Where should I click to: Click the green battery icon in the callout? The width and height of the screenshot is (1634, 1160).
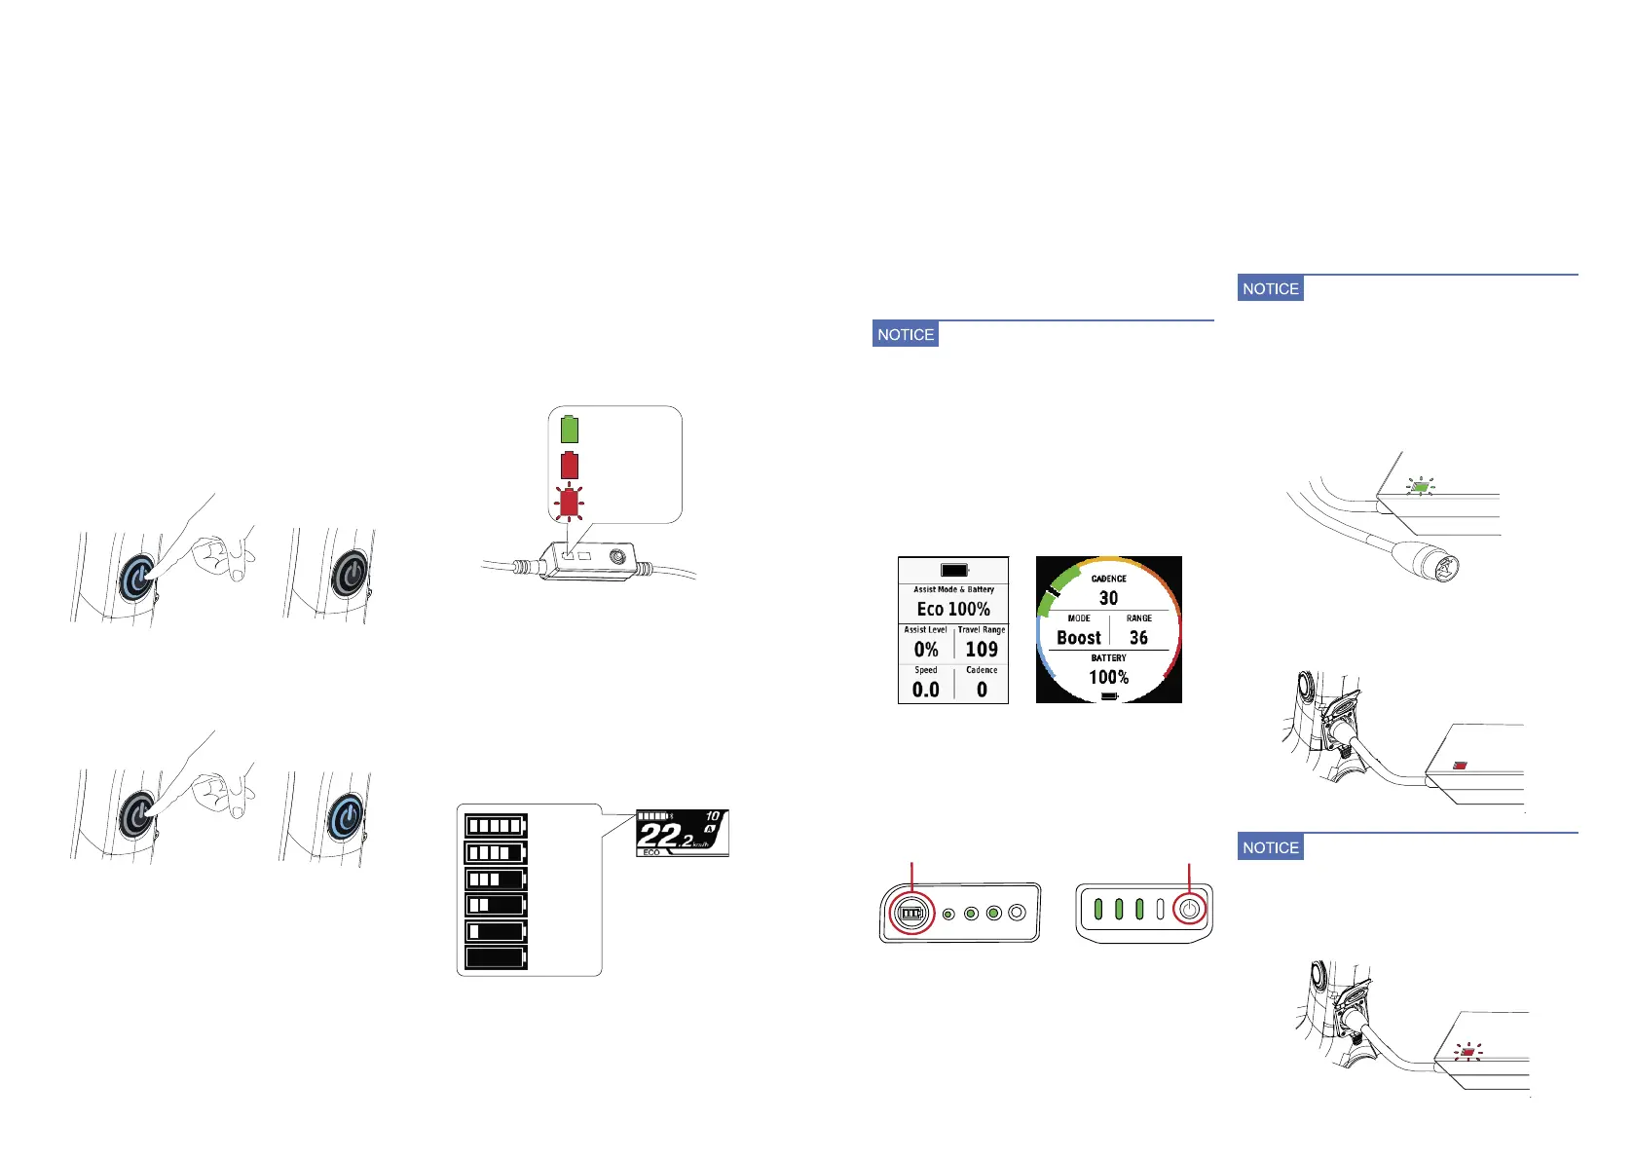570,429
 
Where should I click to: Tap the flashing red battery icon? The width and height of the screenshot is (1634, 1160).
569,503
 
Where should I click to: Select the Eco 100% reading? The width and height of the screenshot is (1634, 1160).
953,609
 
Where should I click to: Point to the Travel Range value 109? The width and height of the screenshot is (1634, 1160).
982,650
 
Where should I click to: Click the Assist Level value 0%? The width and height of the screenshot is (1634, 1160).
926,650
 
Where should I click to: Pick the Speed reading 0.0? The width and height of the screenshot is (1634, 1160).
926,690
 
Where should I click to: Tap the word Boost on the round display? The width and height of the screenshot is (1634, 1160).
1079,638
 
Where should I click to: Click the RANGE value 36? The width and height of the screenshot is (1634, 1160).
1138,638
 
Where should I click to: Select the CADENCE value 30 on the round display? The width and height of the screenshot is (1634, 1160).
1108,598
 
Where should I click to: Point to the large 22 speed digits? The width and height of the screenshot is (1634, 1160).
659,836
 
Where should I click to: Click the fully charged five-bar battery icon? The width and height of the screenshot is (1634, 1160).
496,827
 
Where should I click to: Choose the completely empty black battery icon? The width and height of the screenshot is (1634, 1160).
496,957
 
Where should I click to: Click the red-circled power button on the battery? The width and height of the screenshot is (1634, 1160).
1188,911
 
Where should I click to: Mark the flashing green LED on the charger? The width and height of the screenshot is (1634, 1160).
1421,486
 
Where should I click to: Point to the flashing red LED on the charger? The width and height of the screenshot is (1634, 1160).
1467,1052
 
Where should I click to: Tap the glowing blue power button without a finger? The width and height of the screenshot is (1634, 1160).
346,816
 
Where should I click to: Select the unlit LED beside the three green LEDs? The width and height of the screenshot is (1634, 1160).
1160,910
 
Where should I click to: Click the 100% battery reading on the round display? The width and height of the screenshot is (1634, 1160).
1108,678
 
